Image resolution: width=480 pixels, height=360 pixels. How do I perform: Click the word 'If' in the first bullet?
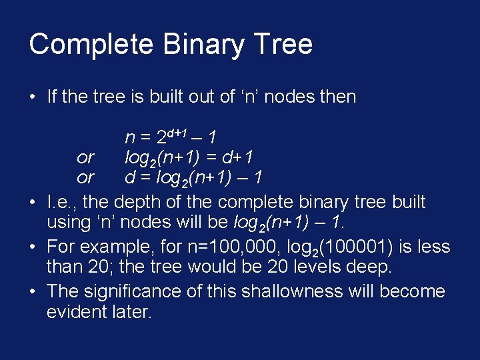point(51,97)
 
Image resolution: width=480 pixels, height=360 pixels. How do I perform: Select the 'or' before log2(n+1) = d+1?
point(85,158)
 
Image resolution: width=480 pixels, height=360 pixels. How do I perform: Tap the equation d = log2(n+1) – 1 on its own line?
point(194,179)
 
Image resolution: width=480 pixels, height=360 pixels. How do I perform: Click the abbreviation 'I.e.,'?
point(63,202)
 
